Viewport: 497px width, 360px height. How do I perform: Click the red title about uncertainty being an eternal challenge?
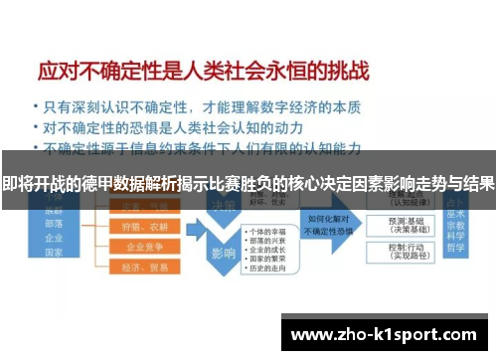point(203,73)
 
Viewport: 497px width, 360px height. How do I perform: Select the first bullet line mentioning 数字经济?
point(198,106)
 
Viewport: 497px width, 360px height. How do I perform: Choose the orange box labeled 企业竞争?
point(139,246)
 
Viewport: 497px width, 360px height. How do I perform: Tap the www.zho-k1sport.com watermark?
point(383,334)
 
